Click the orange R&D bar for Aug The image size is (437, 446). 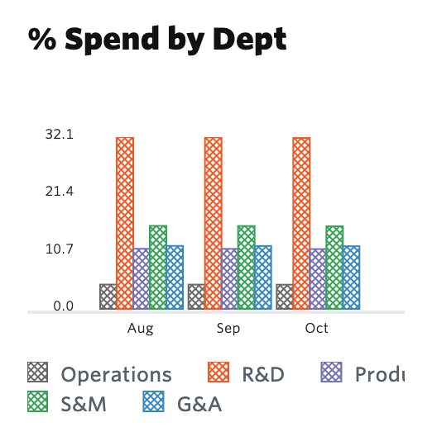pyautogui.click(x=125, y=223)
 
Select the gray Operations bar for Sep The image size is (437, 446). pyautogui.click(x=196, y=297)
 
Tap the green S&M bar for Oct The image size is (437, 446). pyautogui.click(x=334, y=268)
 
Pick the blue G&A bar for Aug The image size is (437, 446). pyautogui.click(x=175, y=278)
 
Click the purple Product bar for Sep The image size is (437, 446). pyautogui.click(x=229, y=279)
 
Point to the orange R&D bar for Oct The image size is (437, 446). pyautogui.click(x=301, y=223)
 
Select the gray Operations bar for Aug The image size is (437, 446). pyautogui.click(x=108, y=297)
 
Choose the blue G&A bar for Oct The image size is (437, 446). pyautogui.click(x=352, y=278)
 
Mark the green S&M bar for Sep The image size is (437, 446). pyautogui.click(x=246, y=268)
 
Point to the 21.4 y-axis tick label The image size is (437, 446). pyautogui.click(x=60, y=192)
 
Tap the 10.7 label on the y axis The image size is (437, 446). pyautogui.click(x=60, y=249)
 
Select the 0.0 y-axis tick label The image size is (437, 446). pyautogui.click(x=63, y=306)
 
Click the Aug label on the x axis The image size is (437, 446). pyautogui.click(x=141, y=329)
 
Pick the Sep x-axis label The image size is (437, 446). pyautogui.click(x=229, y=329)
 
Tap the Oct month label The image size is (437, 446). pyautogui.click(x=317, y=329)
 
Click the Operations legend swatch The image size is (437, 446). pyautogui.click(x=38, y=373)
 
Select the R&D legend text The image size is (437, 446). pyautogui.click(x=263, y=374)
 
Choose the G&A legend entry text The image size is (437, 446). pyautogui.click(x=199, y=404)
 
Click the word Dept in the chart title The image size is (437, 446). pyautogui.click(x=246, y=40)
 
